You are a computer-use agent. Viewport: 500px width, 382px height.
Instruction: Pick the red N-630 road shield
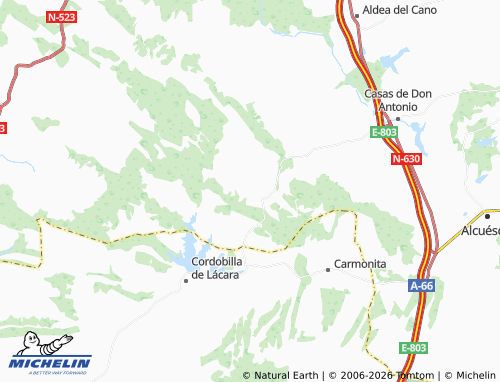(x=405, y=159)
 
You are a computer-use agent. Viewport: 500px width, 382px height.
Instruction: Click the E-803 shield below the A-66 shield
(x=413, y=347)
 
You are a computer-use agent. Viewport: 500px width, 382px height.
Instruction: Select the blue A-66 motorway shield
(x=422, y=286)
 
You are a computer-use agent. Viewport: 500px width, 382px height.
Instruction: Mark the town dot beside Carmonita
(x=327, y=269)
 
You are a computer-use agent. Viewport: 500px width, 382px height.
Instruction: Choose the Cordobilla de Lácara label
(x=215, y=268)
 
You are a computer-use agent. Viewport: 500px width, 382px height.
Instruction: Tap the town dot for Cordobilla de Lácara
(x=185, y=281)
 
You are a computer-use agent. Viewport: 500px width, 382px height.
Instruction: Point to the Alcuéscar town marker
(x=486, y=214)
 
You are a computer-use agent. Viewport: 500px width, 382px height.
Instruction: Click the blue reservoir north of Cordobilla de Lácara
(x=191, y=243)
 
